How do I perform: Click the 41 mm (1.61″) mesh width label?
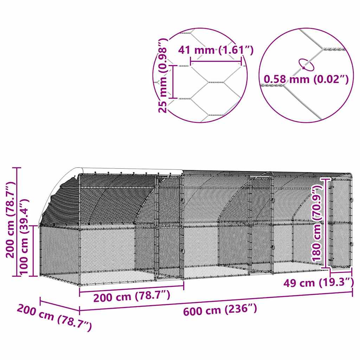click(x=216, y=50)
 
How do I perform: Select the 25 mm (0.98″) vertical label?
click(x=162, y=76)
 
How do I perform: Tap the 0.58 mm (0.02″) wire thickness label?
click(x=306, y=80)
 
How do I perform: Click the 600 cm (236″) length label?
click(x=220, y=310)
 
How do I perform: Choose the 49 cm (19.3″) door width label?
click(x=319, y=282)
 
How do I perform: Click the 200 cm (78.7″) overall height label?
click(x=10, y=220)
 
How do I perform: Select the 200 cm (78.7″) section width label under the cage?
click(x=132, y=297)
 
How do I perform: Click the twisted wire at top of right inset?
click(x=334, y=50)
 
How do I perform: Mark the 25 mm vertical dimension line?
click(x=173, y=81)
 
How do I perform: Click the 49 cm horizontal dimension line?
click(x=341, y=271)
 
